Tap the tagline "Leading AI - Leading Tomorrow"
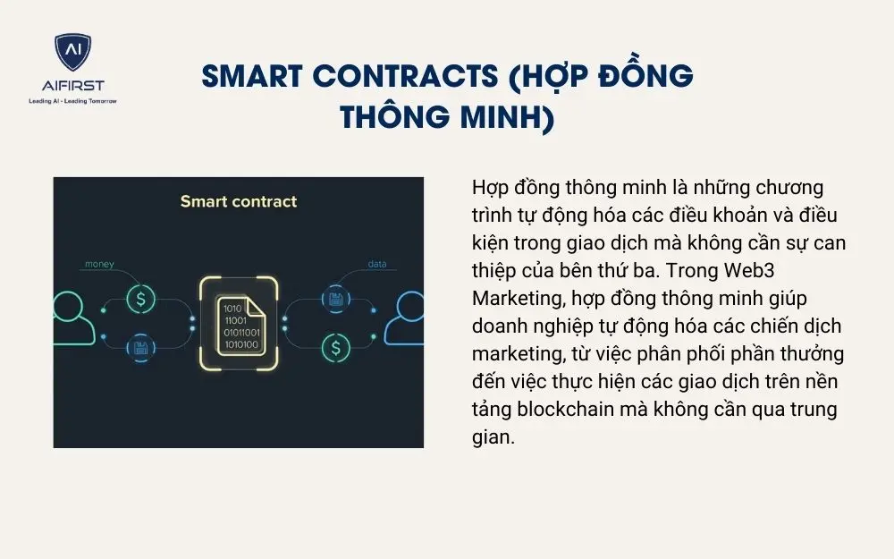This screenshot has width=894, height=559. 72,101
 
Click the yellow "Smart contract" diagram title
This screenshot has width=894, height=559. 238,201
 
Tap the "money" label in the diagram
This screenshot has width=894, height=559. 99,265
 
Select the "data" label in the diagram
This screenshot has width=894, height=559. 375,265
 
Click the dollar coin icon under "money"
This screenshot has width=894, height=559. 140,299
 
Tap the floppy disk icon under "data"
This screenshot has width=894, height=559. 336,299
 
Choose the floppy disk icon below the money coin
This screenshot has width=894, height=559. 140,347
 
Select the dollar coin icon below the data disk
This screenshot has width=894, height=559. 336,347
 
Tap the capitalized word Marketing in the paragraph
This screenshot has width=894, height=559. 512,299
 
